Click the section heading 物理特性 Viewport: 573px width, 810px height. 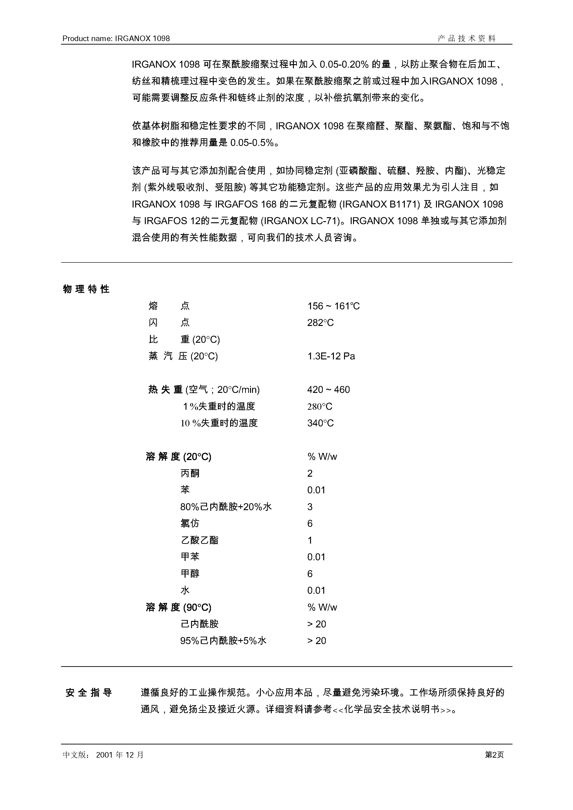tap(86, 289)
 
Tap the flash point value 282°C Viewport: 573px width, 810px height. tap(320, 323)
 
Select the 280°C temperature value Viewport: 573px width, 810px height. tap(320, 407)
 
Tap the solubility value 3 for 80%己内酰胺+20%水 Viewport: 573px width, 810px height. tap(310, 507)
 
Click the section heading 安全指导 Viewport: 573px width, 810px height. tap(89, 693)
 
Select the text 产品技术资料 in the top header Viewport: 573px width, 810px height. tap(467, 39)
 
